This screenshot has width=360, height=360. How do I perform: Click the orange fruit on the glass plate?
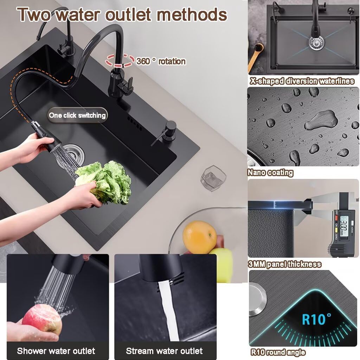(x=199, y=237)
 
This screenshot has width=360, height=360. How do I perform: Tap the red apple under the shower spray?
(x=42, y=319)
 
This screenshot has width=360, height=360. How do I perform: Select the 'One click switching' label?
(x=77, y=115)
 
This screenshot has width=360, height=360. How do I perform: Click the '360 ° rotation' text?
(x=161, y=61)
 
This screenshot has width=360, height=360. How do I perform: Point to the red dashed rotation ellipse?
(x=120, y=60)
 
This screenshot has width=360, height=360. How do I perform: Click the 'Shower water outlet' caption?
(x=56, y=351)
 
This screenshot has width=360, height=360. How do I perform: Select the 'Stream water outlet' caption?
(x=164, y=351)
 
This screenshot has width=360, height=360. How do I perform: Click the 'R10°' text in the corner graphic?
(x=316, y=319)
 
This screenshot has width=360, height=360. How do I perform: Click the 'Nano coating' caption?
(x=270, y=173)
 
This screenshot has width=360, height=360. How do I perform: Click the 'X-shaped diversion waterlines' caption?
(x=302, y=81)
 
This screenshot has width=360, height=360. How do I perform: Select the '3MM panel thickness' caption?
(x=284, y=264)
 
